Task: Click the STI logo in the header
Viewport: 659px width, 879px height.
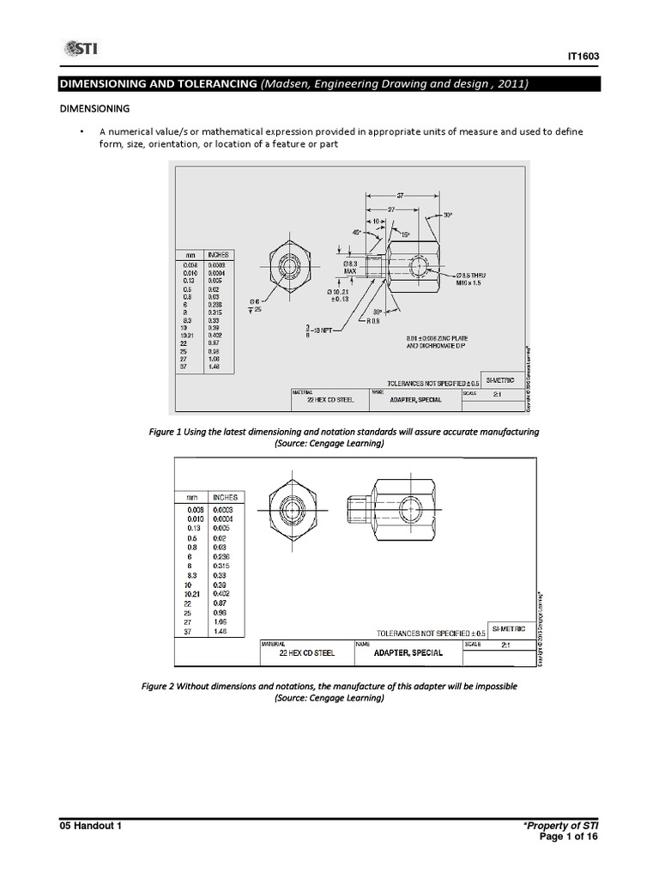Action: [79, 49]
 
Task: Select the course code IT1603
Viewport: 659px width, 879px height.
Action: [583, 57]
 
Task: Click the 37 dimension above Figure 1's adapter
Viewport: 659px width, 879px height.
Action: [399, 196]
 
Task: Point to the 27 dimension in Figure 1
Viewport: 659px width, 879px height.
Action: [390, 209]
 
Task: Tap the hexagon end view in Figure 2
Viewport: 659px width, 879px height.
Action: [292, 511]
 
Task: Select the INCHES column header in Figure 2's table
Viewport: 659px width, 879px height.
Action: [226, 497]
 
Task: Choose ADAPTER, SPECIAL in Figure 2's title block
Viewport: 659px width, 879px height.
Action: [408, 652]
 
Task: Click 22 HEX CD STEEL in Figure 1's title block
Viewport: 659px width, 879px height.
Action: [330, 400]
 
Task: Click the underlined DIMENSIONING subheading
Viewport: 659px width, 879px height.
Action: [94, 109]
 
